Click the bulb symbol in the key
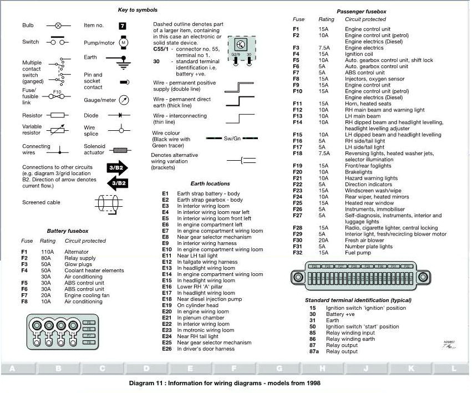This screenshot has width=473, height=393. pos(58,25)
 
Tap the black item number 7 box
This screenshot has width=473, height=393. pos(123,25)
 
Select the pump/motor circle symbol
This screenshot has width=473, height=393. pos(124,42)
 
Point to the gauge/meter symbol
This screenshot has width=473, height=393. pos(124,100)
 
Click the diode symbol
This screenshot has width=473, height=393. pos(124,116)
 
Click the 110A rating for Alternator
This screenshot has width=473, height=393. pos(47,252)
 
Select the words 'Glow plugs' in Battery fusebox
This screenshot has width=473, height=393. pos(77,264)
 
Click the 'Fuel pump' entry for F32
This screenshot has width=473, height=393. pos(358,253)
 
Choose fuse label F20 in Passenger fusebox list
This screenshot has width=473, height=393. pos(297,172)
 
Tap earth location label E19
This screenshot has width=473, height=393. pos(166,305)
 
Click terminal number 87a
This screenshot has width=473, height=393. pos(314,352)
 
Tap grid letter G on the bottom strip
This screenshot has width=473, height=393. pos(279,369)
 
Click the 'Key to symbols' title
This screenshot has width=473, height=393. pos(138,10)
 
